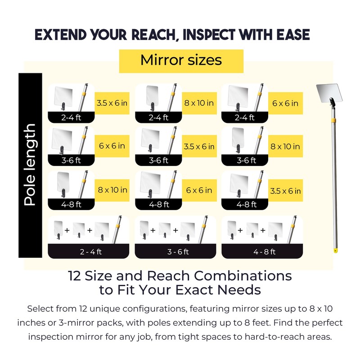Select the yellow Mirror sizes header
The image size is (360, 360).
181,60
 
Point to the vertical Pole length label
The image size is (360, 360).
30,165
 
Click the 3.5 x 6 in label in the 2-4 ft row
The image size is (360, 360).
112,103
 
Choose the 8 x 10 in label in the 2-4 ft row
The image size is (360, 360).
199,103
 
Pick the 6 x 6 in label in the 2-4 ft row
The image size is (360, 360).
285,103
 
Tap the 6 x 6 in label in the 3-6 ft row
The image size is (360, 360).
112,146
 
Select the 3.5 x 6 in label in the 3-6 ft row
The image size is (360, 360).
199,146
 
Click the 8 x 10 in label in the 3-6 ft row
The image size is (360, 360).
285,146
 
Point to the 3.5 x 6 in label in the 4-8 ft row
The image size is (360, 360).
285,191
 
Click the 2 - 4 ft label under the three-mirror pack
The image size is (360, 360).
90,252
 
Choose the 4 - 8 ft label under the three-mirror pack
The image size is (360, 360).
264,252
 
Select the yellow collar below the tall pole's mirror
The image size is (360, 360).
332,121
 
